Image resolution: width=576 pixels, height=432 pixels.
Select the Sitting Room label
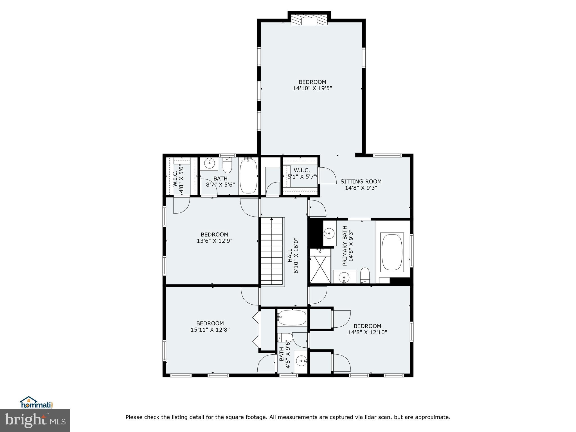(x=361, y=181)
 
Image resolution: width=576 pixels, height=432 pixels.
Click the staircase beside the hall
(x=272, y=252)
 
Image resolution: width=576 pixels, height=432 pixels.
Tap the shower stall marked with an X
(x=320, y=269)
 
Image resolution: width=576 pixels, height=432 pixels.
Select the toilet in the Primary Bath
(x=365, y=275)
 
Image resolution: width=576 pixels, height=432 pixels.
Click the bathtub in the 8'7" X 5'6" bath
(x=249, y=175)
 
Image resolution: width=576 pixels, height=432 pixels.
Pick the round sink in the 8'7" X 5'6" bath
(x=209, y=163)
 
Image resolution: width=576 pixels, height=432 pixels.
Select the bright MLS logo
(x=35, y=420)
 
